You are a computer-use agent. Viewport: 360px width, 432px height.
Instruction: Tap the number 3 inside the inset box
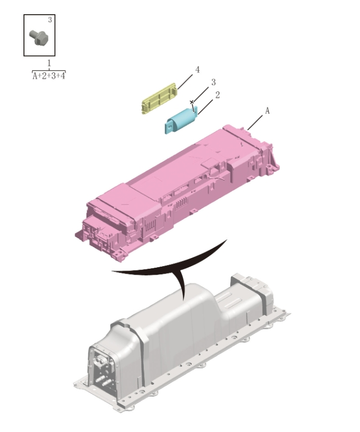coord(50,20)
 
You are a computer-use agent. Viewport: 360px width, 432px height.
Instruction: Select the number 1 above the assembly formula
coord(49,64)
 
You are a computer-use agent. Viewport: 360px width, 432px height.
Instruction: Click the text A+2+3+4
coord(49,76)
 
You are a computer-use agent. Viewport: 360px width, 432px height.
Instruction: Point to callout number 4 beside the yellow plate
coord(197,70)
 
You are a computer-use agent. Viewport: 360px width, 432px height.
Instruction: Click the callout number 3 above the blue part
coord(213,82)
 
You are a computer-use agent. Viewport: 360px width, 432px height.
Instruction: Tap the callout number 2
coord(217,95)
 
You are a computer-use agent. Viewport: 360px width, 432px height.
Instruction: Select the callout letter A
coord(267,110)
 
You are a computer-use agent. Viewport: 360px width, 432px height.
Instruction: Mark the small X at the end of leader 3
coord(192,102)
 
